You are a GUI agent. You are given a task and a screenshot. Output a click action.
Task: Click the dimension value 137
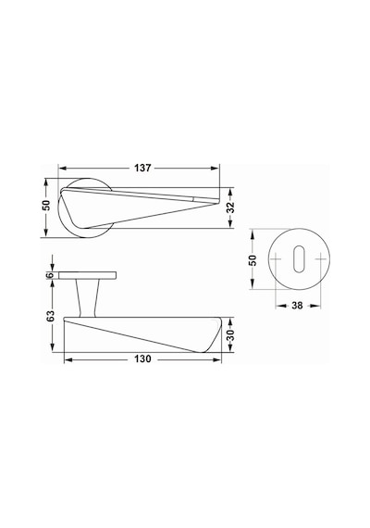click(143, 168)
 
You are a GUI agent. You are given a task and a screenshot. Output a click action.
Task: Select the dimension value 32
click(230, 207)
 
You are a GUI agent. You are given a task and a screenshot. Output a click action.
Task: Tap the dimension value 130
click(143, 359)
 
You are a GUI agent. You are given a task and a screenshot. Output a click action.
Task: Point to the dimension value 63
click(50, 316)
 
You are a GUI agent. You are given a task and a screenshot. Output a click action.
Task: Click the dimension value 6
click(50, 275)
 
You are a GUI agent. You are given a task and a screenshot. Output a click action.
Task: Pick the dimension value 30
click(230, 335)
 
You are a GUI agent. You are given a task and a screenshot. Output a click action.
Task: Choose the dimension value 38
click(297, 306)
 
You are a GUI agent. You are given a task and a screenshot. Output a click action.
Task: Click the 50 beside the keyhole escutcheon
click(253, 260)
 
